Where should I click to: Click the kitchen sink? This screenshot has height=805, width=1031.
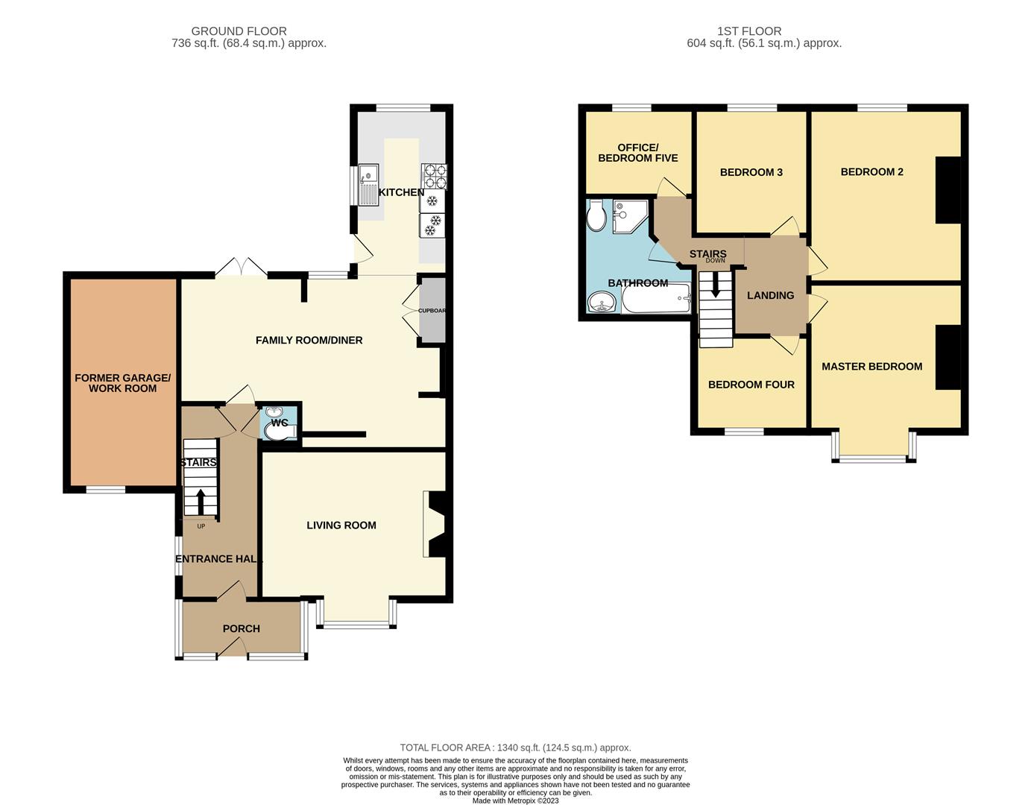tap(368, 185)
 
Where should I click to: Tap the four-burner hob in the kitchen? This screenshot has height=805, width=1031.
tap(435, 176)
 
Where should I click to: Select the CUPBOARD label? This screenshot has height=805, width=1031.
tap(432, 311)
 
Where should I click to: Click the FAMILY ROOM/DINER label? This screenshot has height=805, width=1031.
tap(309, 340)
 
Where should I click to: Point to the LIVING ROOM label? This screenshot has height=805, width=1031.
tap(341, 525)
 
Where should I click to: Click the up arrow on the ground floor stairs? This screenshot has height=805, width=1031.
tap(201, 502)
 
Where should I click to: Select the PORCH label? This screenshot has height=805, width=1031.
tap(241, 628)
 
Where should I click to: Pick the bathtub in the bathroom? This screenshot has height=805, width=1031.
tap(656, 298)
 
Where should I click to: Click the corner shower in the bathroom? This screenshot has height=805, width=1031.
tap(630, 216)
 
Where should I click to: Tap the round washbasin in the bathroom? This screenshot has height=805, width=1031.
tap(602, 302)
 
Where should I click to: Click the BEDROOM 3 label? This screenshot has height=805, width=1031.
tap(751, 172)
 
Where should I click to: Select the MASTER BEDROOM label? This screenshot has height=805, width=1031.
tap(871, 366)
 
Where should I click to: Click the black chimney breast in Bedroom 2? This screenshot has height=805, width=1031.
tap(948, 190)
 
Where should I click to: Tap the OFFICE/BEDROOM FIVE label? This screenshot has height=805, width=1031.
tap(637, 153)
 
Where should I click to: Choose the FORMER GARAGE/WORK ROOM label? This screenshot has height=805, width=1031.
tap(122, 383)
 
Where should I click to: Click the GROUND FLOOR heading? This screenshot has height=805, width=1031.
tap(239, 31)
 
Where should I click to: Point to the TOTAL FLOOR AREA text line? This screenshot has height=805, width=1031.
tap(515, 748)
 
